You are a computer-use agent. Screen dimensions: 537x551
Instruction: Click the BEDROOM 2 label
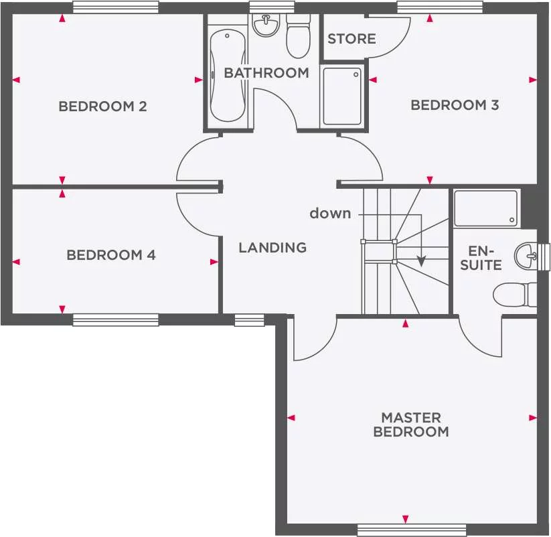coord(102,106)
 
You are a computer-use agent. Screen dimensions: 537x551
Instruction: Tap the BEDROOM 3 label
coord(455,104)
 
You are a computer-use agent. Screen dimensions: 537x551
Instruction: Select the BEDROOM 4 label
coord(111,255)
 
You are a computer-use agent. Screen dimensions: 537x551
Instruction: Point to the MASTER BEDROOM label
coord(411,425)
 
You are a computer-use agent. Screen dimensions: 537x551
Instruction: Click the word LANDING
coord(272,248)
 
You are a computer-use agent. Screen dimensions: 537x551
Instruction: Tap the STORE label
coord(351,39)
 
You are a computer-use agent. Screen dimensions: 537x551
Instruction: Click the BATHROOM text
coord(266,73)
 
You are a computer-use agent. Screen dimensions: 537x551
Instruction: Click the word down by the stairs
coord(330,214)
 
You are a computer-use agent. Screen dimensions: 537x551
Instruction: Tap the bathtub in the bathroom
coord(227,75)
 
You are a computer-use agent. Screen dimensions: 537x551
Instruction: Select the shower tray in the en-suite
coord(486,208)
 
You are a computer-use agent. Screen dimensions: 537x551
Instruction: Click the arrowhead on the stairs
coord(421,261)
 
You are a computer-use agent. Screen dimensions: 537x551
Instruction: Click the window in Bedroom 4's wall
coord(115,320)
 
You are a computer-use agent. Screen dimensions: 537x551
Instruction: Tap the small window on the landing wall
coord(244,320)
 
